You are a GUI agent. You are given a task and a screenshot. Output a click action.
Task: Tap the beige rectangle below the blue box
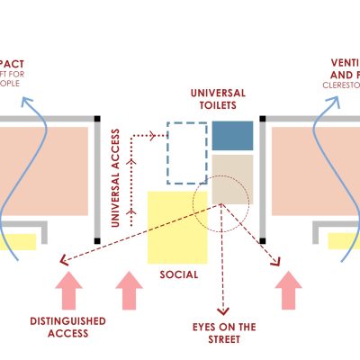[x=233, y=178]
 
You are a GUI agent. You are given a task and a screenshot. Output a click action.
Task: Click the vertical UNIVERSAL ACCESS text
[x=115, y=185]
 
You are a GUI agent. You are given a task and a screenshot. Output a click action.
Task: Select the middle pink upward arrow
[x=130, y=292]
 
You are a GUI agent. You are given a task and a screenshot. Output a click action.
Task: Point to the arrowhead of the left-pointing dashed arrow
[x=64, y=261]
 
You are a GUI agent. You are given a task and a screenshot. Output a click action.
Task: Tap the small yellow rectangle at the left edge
[x=18, y=241]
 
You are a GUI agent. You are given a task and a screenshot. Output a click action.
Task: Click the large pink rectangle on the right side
[x=310, y=171]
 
